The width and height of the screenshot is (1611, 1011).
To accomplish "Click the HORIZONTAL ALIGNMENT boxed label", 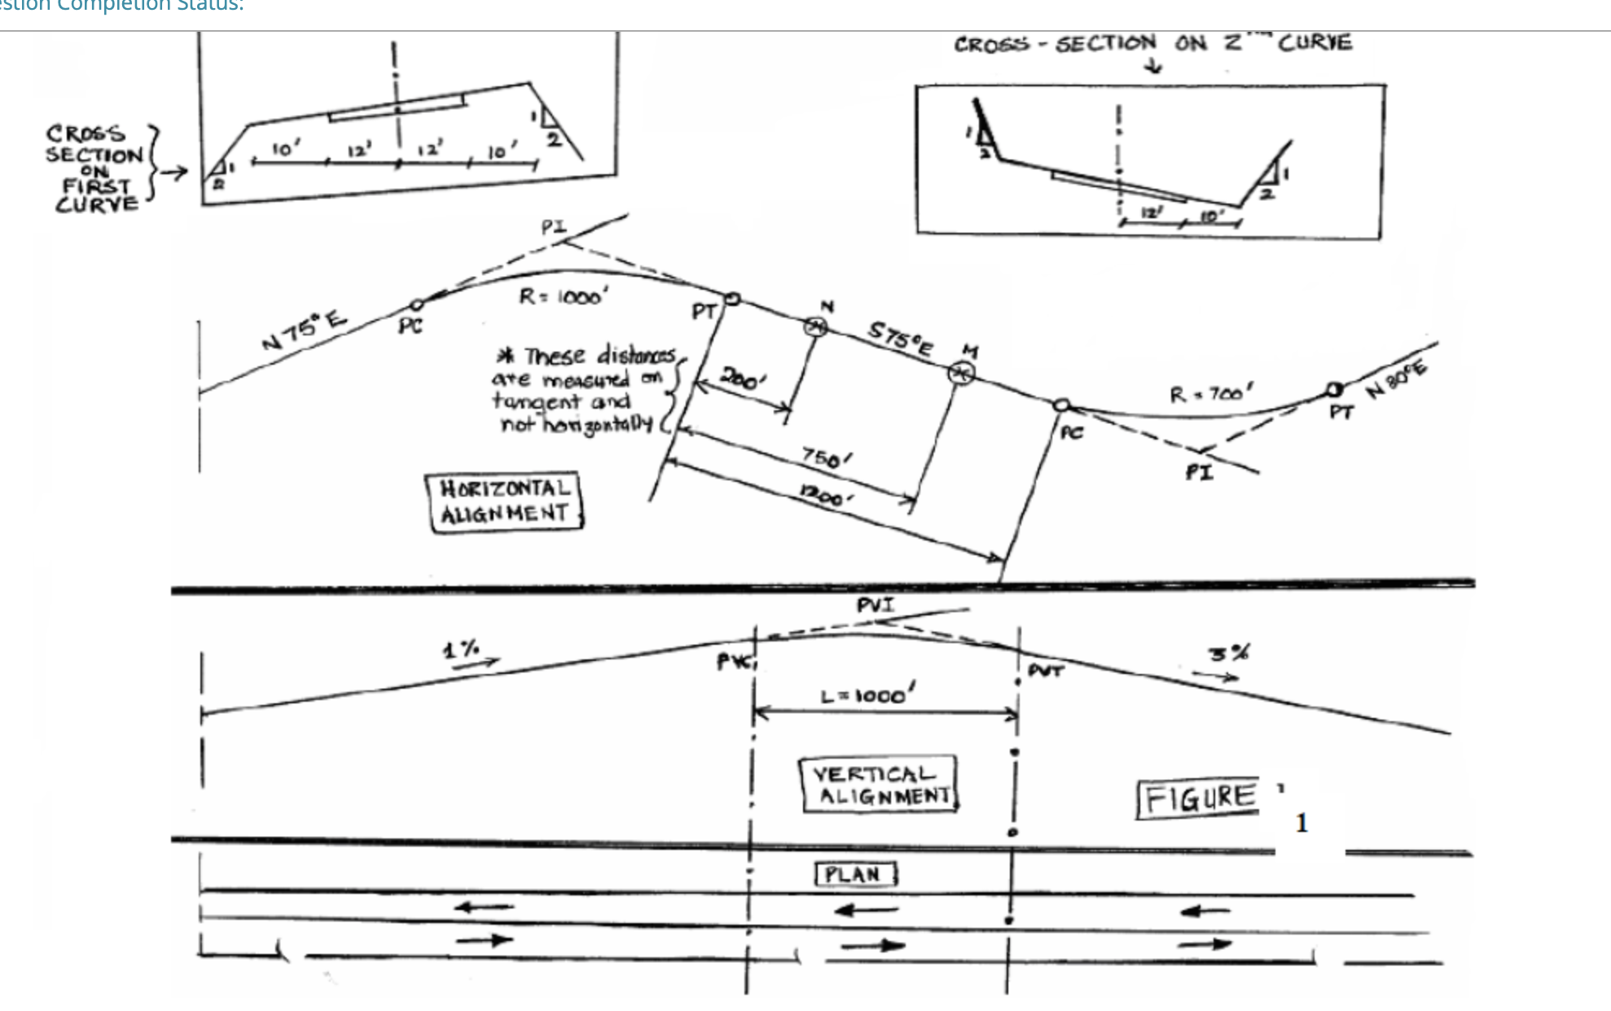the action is (504, 501).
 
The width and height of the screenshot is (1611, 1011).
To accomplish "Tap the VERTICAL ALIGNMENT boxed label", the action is (879, 784).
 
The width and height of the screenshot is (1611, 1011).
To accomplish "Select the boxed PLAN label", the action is (855, 875).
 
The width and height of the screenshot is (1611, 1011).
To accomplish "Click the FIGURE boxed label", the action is (1198, 799).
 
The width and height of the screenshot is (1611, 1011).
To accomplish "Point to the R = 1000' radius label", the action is (563, 296).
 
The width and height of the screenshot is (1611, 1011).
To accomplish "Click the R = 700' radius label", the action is (1210, 395).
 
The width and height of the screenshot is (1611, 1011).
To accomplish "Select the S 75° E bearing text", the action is (898, 338).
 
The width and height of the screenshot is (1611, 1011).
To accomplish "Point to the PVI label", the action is (875, 605).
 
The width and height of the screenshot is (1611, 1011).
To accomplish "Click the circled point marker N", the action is (815, 326).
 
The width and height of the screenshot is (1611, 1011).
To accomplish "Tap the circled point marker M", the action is (962, 373).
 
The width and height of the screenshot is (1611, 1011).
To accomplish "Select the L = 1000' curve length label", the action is (867, 696).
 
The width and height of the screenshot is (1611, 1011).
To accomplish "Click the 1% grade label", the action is (461, 650).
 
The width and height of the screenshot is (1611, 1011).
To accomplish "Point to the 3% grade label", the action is (1228, 654).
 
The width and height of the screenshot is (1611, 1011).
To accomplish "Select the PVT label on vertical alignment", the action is (1045, 671).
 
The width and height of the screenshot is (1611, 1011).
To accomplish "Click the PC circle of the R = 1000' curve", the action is (416, 305).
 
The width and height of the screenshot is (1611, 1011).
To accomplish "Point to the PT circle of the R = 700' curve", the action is (1334, 390).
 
